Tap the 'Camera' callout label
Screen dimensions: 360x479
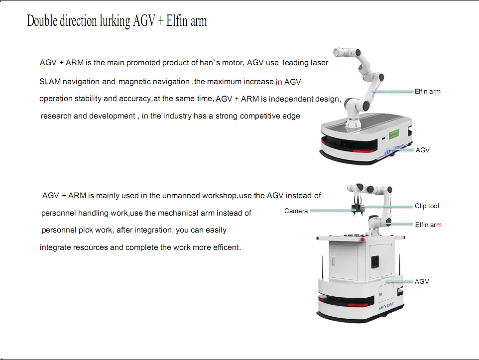(296, 211)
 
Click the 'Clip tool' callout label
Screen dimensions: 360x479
(427, 206)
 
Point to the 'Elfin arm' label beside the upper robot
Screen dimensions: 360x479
(427, 92)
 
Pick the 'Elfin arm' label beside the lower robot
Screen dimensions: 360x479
(428, 225)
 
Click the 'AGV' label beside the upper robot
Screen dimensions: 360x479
(422, 150)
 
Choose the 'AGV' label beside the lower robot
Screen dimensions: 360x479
(422, 282)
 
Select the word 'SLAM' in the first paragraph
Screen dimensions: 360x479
(50, 82)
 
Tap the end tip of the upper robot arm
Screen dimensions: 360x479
(338, 51)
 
